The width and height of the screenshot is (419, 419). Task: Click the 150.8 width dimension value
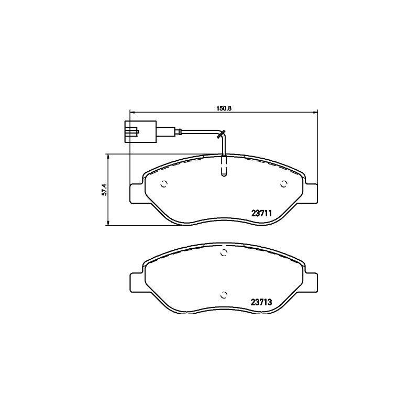[224, 108]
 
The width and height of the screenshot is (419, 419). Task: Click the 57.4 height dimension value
[104, 190]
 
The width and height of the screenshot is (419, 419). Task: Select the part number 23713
[261, 302]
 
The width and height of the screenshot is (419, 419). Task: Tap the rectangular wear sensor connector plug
[139, 131]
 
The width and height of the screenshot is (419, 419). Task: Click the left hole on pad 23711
[164, 184]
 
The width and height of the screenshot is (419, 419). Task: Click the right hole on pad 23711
[283, 184]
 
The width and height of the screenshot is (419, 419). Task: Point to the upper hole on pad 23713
[224, 254]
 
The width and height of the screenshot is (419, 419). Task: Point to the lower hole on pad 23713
[224, 294]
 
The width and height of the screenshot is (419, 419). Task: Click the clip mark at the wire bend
[222, 134]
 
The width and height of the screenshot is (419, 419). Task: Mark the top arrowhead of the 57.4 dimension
[108, 156]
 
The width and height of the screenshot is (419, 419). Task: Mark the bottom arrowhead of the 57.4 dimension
[108, 224]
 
